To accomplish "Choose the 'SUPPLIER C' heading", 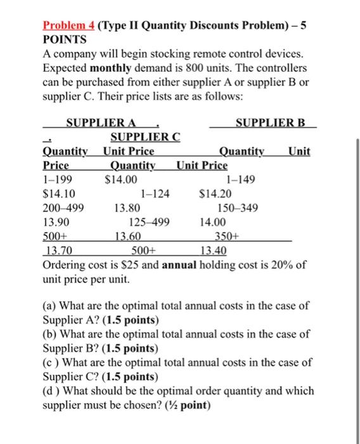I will click(145, 137).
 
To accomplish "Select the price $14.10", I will click(56, 193).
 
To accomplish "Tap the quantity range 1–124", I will click(155, 193).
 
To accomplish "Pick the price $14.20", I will click(215, 193).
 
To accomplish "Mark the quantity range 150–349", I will click(237, 207).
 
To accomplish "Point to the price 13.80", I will click(127, 207).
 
